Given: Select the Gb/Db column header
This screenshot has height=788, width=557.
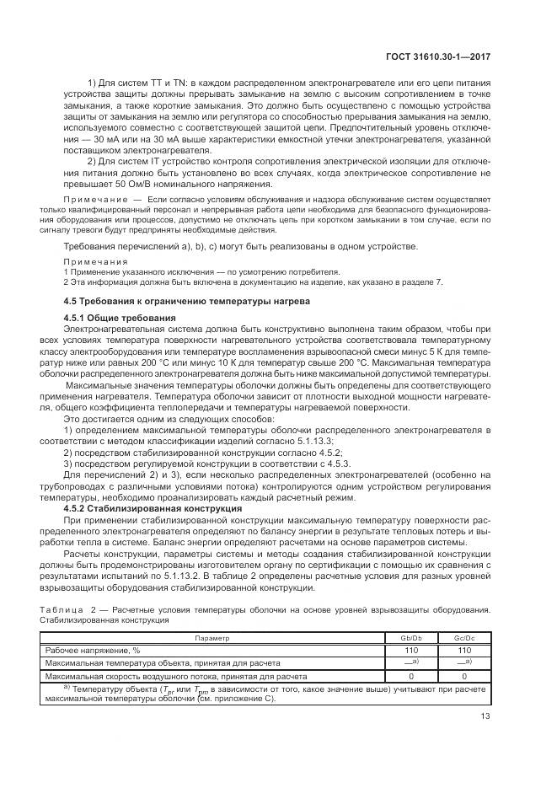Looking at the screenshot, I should (x=412, y=639).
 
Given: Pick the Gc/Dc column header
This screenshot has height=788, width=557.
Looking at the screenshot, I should (x=464, y=639).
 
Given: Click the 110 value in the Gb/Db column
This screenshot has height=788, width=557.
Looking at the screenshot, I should (x=412, y=651).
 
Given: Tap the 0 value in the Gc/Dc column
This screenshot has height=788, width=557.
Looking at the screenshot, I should (x=464, y=676).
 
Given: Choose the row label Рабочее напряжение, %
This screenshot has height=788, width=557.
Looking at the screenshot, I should (x=94, y=651).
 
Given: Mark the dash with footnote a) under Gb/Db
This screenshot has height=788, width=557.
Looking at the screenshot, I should (x=412, y=662).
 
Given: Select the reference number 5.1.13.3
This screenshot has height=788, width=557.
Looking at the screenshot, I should (x=308, y=441).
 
